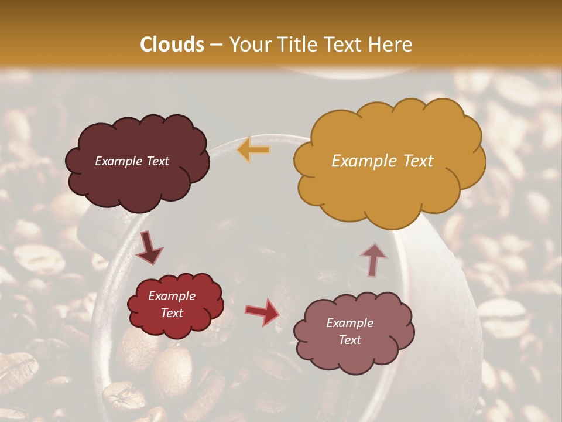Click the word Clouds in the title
(x=172, y=45)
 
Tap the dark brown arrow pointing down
(x=149, y=247)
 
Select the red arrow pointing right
(x=262, y=311)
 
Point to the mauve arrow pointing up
(x=373, y=259)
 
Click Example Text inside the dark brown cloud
(x=132, y=161)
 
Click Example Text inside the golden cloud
(x=382, y=161)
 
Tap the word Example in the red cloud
(x=172, y=297)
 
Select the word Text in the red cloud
(x=172, y=313)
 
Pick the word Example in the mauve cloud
(x=349, y=323)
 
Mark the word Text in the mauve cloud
(x=349, y=340)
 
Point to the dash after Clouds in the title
(x=216, y=45)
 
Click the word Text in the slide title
(x=345, y=45)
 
